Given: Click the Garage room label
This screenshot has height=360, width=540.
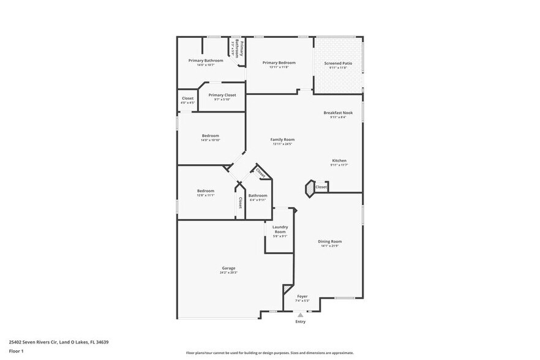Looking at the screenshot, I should [x=228, y=268].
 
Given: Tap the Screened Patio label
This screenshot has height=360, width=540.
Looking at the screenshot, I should [x=338, y=63].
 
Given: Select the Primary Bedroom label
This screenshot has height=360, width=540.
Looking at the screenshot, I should [x=279, y=63].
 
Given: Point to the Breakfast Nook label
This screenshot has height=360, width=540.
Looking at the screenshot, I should [x=339, y=113].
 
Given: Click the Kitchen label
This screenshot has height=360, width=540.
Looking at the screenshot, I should [x=339, y=161].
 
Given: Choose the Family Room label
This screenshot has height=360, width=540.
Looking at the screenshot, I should [x=283, y=140].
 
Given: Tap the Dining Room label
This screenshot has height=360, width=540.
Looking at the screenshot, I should [x=329, y=242].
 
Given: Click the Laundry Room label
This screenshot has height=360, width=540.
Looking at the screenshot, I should [x=280, y=230].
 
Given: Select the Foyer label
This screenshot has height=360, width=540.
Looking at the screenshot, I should [x=303, y=296].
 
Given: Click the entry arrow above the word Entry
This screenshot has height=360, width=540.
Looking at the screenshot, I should [x=300, y=315].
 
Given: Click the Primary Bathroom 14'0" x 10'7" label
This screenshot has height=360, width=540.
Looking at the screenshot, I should [x=206, y=61].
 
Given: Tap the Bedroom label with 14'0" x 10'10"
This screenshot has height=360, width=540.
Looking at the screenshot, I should [x=211, y=136].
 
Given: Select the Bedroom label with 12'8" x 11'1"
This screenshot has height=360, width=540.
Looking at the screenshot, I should [x=206, y=191].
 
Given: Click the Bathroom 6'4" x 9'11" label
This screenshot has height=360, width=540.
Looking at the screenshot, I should [x=258, y=196].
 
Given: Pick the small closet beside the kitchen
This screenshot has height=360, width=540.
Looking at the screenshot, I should [x=321, y=187].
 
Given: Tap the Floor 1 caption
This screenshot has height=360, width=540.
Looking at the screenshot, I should [x=17, y=351].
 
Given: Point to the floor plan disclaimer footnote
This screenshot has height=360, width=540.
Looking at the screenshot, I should [x=270, y=353].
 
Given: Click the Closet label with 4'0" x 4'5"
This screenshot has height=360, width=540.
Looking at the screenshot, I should [x=188, y=99].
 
